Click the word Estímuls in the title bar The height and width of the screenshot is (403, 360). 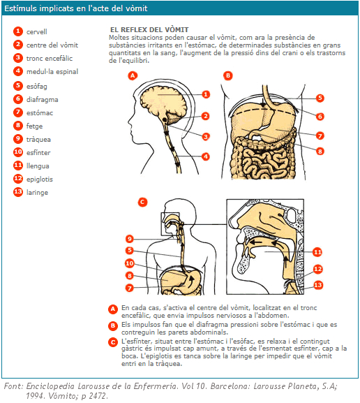(x=20, y=8)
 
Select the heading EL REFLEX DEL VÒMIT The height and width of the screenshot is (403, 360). (x=149, y=30)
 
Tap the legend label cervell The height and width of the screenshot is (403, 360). (x=37, y=32)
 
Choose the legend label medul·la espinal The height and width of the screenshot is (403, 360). (x=52, y=72)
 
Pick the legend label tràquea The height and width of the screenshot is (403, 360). (x=38, y=140)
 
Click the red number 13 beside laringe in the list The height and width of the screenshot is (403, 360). (x=18, y=192)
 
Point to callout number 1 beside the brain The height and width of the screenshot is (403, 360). (x=205, y=94)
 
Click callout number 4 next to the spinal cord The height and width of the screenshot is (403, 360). (x=205, y=156)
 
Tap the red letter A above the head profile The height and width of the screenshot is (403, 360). (x=133, y=75)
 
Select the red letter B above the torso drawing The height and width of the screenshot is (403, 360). (x=227, y=76)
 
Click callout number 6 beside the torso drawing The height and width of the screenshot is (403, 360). (x=320, y=117)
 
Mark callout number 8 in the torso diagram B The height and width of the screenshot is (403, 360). (x=320, y=151)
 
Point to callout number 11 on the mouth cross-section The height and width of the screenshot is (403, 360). (x=317, y=252)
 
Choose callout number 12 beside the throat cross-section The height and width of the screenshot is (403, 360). (x=317, y=269)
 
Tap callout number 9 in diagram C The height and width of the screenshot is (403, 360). (x=130, y=239)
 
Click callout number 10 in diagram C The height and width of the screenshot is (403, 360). (x=130, y=263)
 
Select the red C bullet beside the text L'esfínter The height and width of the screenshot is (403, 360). (x=113, y=342)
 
